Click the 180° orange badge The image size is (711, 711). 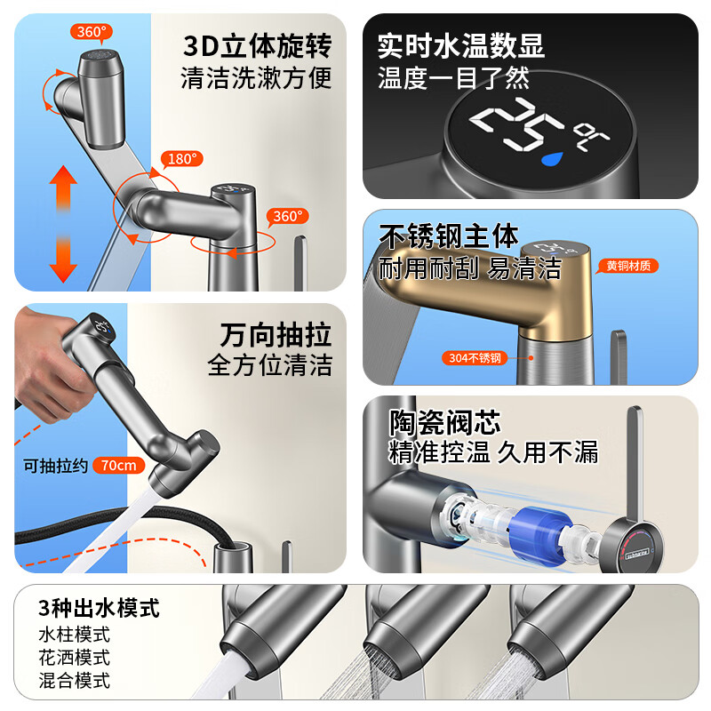182,159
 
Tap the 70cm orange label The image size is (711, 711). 119,465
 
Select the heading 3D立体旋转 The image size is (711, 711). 257,46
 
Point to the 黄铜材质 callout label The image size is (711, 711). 628,266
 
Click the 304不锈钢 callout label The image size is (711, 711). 475,358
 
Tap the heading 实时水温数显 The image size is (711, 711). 460,45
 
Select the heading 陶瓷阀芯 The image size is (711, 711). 445,422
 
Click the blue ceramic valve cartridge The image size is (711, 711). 538,528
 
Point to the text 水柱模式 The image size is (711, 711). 75,635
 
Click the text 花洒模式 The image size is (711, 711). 75,657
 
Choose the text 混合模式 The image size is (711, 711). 75,680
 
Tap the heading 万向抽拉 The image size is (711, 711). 276,335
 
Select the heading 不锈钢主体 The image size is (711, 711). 449,236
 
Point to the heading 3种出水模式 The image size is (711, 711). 99,608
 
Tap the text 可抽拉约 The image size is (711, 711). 55,466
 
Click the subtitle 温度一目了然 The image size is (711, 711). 453,77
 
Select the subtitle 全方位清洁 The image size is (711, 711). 270,365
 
